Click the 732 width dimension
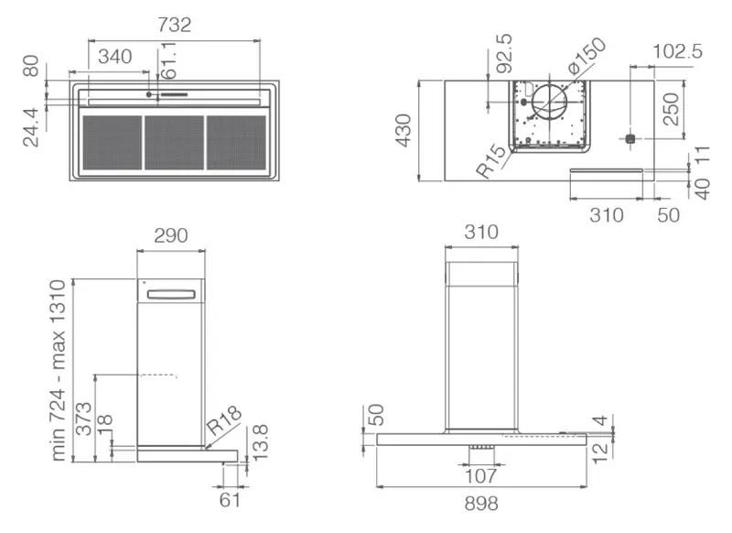[x=174, y=25]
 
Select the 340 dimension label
[x=115, y=57]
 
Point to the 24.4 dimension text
[x=31, y=127]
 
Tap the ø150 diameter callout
[x=587, y=56]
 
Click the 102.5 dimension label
[x=677, y=51]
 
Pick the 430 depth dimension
[x=404, y=130]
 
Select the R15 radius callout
[x=491, y=160]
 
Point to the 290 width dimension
[x=171, y=235]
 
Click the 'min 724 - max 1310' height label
[x=59, y=370]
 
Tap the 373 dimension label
[x=83, y=419]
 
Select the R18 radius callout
[x=224, y=420]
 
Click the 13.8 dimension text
[x=260, y=442]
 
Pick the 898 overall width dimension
[x=481, y=504]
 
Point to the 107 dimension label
[x=481, y=476]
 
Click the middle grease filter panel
[x=174, y=143]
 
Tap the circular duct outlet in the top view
[x=550, y=103]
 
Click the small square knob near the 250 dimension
[x=630, y=138]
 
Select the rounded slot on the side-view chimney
[x=171, y=294]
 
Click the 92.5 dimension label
[x=504, y=53]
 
